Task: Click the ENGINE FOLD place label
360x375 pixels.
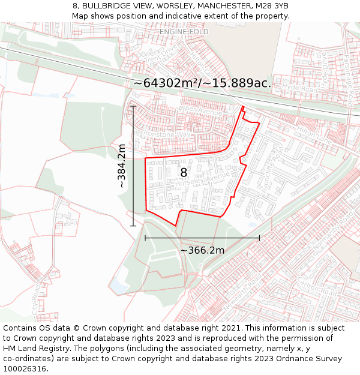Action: [184, 31]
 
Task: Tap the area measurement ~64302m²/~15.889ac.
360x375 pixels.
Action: [202, 83]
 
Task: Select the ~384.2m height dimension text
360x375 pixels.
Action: [122, 166]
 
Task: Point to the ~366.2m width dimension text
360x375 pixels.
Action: [202, 250]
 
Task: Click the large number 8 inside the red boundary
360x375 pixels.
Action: [184, 173]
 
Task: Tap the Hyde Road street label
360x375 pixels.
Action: [298, 87]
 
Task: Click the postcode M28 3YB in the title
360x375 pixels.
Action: [271, 5]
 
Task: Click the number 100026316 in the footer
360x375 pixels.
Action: [26, 369]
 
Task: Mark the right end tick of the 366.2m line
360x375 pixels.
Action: [259, 238]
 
